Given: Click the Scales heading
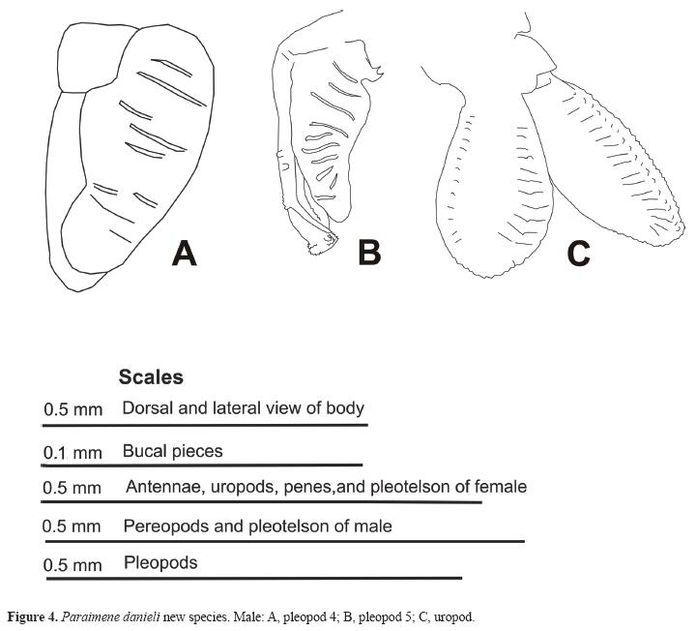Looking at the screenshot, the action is [x=151, y=377].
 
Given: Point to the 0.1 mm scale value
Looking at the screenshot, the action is [x=72, y=452].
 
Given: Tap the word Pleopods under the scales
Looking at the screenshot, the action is [x=160, y=562].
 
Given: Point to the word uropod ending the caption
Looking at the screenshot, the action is [x=455, y=616].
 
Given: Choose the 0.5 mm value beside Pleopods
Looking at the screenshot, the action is [x=72, y=564].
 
